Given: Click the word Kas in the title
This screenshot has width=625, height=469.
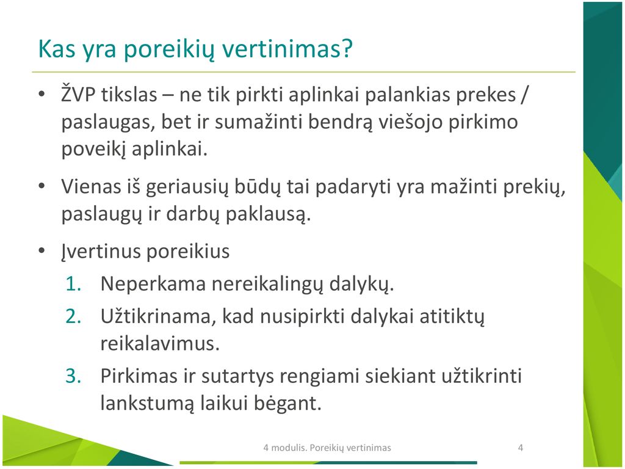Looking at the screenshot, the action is (x=56, y=49).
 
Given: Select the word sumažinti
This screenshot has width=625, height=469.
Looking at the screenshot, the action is (x=259, y=122).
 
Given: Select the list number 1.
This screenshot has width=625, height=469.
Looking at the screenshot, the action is (x=73, y=283).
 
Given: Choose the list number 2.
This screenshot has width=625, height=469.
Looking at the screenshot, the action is (x=73, y=316).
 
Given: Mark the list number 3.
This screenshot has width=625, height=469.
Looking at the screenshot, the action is (x=73, y=376).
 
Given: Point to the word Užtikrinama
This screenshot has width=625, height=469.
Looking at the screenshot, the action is (x=159, y=316).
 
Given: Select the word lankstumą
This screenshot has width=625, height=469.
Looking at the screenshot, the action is (x=148, y=403).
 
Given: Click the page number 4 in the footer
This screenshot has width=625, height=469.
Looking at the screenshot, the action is (x=520, y=448).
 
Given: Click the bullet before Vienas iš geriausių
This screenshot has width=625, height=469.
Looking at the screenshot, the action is (x=42, y=186).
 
